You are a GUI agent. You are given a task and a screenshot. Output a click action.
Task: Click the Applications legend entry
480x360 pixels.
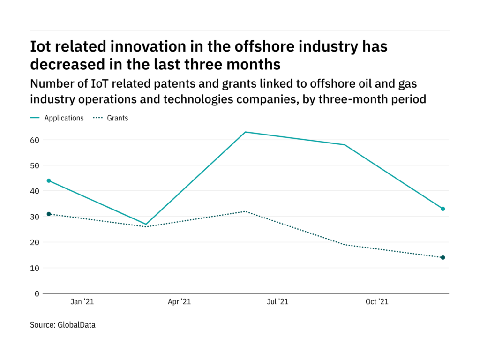tap(64, 118)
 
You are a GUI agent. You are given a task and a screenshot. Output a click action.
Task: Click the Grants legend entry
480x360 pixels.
tap(117, 118)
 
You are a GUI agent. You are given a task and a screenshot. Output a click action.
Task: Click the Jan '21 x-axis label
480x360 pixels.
tap(82, 302)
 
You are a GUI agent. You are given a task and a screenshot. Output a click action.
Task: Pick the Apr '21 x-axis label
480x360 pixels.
tap(180, 302)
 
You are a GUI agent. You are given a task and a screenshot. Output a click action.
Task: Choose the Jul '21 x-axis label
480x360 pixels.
tap(277, 302)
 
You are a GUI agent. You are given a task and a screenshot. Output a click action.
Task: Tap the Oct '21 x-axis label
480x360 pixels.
tap(377, 302)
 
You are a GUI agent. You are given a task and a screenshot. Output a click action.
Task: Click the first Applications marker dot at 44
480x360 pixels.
tap(49, 180)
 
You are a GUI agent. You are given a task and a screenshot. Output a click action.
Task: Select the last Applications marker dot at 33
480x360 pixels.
tap(442, 209)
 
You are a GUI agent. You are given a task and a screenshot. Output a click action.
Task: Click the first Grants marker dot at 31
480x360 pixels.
tap(49, 214)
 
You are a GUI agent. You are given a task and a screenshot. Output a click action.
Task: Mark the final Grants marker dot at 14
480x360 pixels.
tap(442, 257)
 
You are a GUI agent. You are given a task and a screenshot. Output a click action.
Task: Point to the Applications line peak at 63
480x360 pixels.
tap(245, 132)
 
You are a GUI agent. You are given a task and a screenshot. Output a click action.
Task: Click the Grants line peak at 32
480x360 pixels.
tap(245, 211)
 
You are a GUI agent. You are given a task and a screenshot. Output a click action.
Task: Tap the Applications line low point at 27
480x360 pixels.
tap(147, 224)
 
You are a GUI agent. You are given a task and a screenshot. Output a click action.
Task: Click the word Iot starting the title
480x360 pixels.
tap(41, 46)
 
